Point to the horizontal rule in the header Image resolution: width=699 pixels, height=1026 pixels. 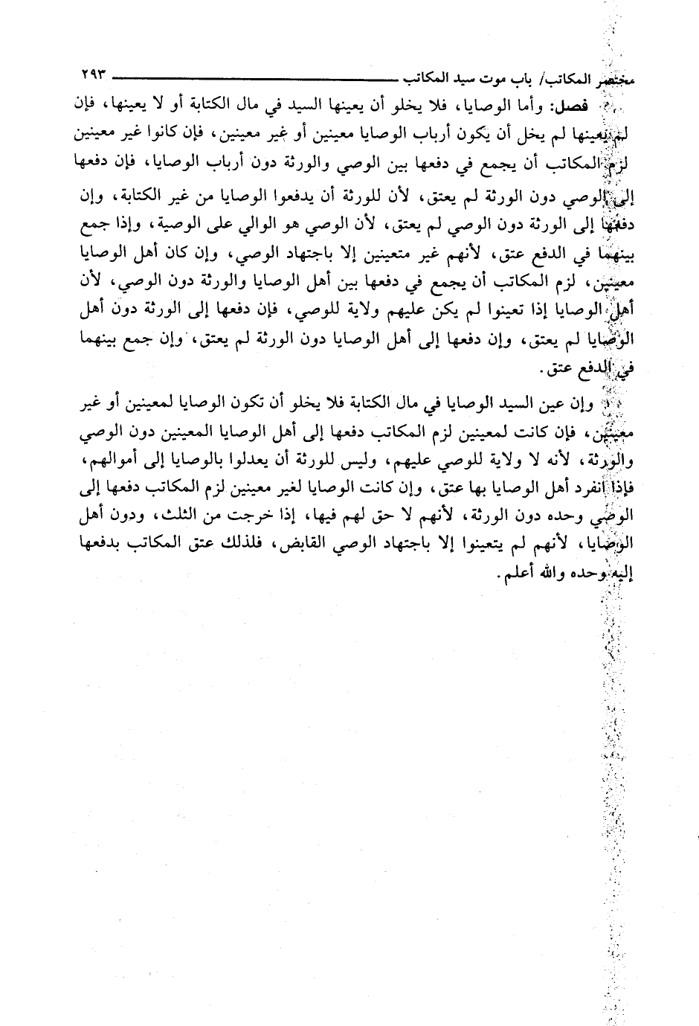253,76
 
